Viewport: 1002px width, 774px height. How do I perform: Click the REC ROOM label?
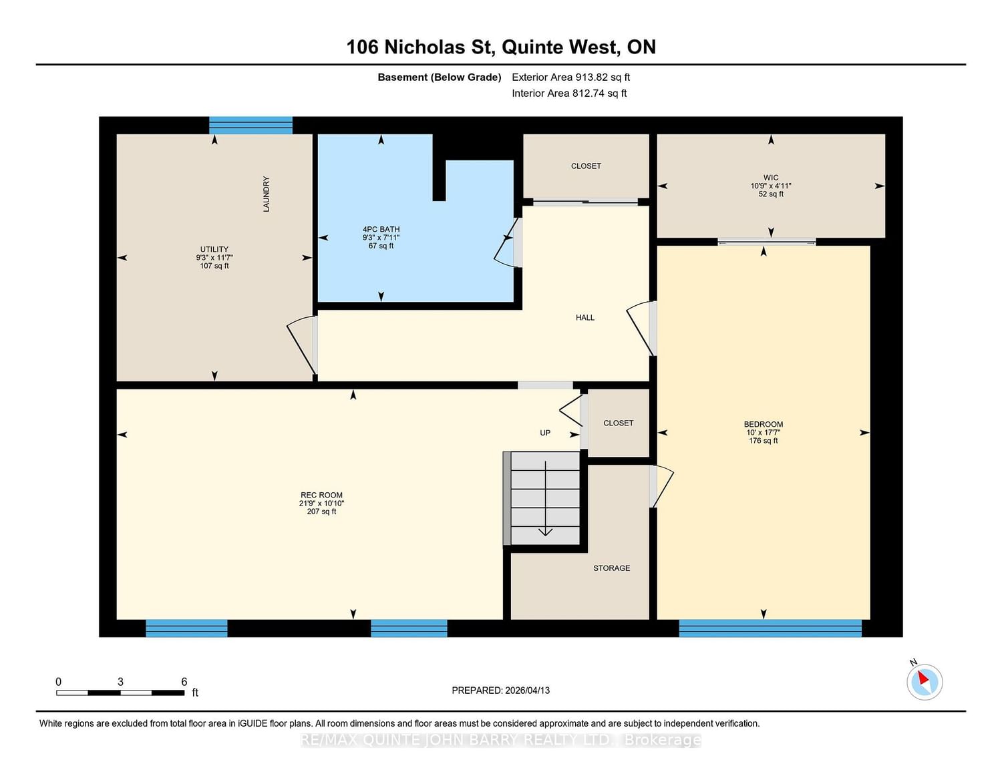click(x=321, y=496)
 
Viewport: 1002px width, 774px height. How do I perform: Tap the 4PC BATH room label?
click(x=381, y=230)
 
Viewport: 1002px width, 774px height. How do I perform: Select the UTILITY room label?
click(x=214, y=250)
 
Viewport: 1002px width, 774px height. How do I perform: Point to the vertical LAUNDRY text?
click(x=267, y=194)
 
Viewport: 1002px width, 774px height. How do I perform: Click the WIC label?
click(x=771, y=178)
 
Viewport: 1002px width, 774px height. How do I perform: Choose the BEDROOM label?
click(x=764, y=425)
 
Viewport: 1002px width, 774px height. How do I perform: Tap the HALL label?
click(x=585, y=318)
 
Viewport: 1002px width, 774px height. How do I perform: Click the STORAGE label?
click(x=611, y=568)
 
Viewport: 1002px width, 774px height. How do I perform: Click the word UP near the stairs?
click(x=545, y=433)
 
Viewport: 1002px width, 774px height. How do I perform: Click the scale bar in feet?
click(x=120, y=693)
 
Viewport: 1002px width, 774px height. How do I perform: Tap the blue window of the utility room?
click(x=251, y=126)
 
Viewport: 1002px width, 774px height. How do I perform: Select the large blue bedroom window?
click(x=770, y=628)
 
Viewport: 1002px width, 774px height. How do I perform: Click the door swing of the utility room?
click(x=302, y=344)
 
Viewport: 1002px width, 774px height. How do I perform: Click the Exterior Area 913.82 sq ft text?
click(x=570, y=77)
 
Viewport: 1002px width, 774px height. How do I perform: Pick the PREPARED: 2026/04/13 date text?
click(x=500, y=691)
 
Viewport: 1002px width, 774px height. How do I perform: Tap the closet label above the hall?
click(x=586, y=166)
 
